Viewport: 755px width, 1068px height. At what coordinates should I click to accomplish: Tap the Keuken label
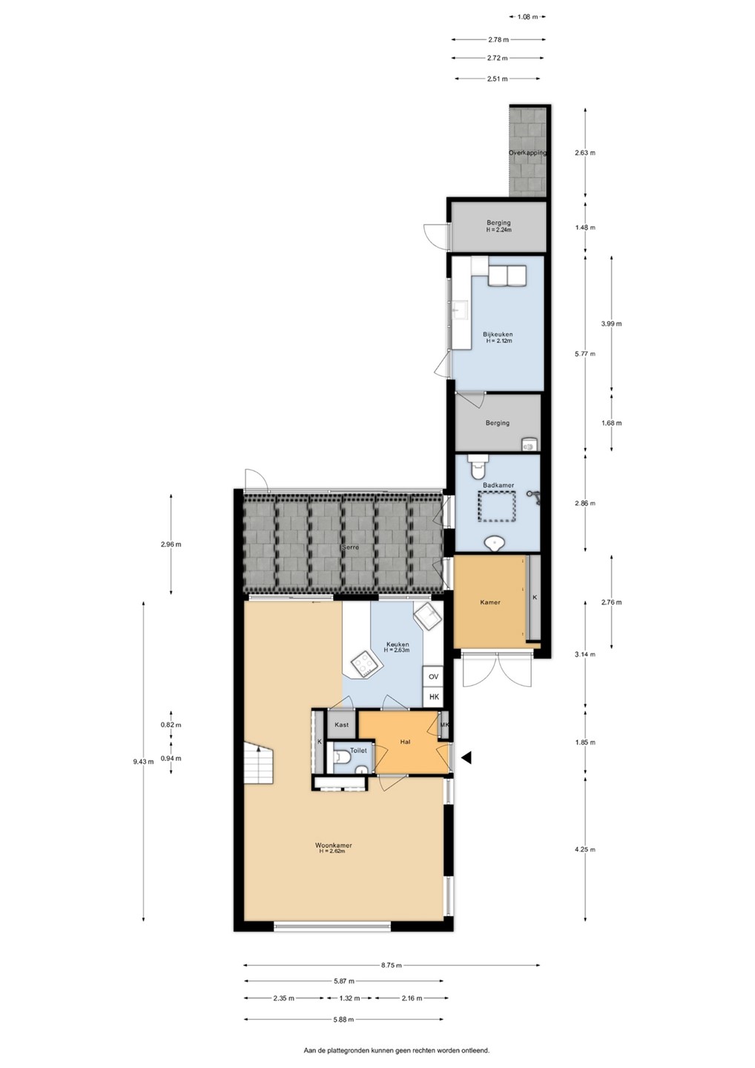(397, 644)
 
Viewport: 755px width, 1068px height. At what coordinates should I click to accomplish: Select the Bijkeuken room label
(498, 334)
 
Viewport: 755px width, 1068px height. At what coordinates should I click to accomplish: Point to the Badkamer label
(498, 485)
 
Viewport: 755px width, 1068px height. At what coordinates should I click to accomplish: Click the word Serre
(350, 547)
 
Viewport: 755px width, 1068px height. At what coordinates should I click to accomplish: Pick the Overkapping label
(527, 153)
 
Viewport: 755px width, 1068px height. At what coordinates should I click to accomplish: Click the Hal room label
(405, 742)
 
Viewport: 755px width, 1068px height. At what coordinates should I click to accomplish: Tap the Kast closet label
(341, 725)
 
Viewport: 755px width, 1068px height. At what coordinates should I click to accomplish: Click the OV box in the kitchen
(433, 676)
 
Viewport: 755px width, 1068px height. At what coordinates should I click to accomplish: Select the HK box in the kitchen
(433, 696)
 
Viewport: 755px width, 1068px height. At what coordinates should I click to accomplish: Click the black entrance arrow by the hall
(466, 757)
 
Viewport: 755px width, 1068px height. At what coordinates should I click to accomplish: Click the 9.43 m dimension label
(143, 762)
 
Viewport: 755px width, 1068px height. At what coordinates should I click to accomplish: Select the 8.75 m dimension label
(392, 965)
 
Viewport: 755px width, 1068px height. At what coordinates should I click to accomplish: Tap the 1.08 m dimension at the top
(527, 16)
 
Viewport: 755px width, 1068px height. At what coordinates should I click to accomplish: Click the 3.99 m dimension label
(612, 323)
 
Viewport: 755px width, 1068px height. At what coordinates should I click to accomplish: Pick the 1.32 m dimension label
(349, 998)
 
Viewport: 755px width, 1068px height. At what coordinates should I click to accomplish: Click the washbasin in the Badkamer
(495, 542)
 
